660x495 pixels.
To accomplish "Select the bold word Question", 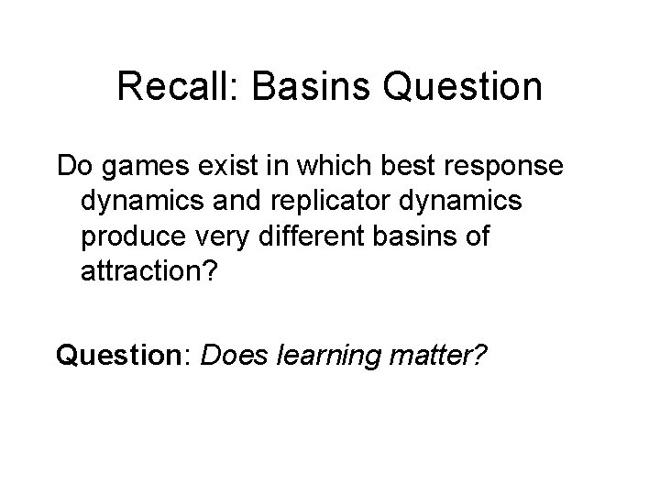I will (x=121, y=352).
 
